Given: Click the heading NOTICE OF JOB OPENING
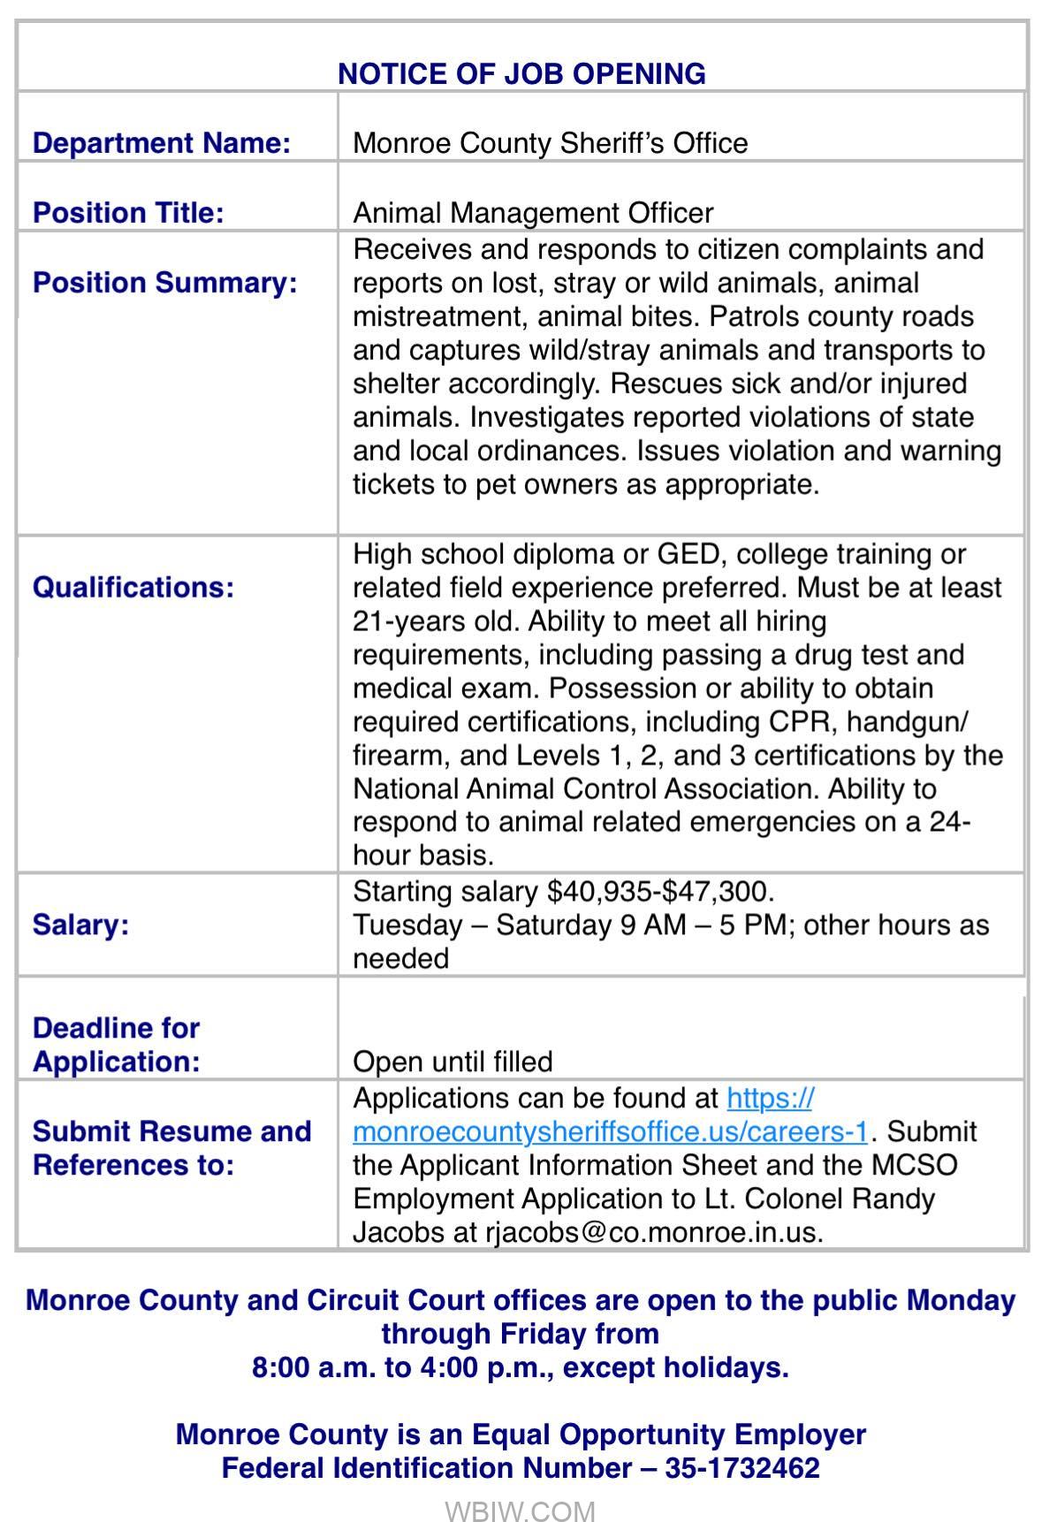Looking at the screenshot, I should [x=521, y=73].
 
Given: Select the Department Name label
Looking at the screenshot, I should [x=162, y=143].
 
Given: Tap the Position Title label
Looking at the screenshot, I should [x=128, y=213].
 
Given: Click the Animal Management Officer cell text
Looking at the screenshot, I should [x=533, y=213].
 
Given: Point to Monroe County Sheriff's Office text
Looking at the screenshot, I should [x=550, y=143].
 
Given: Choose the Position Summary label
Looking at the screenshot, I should [x=165, y=283].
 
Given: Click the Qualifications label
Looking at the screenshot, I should [x=133, y=588].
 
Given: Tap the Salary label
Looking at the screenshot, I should [x=80, y=925].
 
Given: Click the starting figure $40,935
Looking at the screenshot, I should [x=597, y=891].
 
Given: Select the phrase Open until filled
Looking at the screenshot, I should [x=453, y=1062].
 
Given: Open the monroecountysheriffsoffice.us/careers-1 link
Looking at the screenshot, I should [x=610, y=1132].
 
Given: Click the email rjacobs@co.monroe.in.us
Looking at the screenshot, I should [x=653, y=1233].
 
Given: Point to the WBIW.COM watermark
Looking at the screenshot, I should [x=520, y=1511].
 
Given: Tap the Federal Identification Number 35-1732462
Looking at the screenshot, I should [x=742, y=1468].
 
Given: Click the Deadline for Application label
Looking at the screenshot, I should [x=117, y=1045].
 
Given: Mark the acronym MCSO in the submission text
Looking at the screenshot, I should [x=914, y=1166].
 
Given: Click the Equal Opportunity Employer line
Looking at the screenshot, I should [x=521, y=1434].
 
